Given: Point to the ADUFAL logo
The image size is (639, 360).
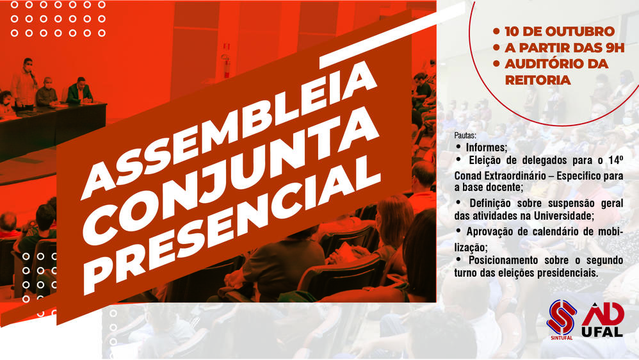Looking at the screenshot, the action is [603, 320].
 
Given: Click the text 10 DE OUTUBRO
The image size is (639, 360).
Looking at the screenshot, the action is [560, 31].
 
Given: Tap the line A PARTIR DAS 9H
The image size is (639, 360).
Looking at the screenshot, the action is [565, 47].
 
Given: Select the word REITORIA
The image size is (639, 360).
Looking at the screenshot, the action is [538, 80].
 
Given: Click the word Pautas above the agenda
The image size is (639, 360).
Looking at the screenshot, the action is [465, 136].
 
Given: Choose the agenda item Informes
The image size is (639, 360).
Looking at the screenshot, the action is [487, 147].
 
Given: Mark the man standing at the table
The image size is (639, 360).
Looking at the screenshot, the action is [25, 83].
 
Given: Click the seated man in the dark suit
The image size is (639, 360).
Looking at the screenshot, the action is [79, 91].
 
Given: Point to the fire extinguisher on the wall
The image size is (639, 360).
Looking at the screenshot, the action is [226, 65].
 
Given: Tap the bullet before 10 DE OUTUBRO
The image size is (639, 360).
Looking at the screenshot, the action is [496, 31].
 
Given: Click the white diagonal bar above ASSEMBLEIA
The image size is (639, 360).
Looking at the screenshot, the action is [392, 35].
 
